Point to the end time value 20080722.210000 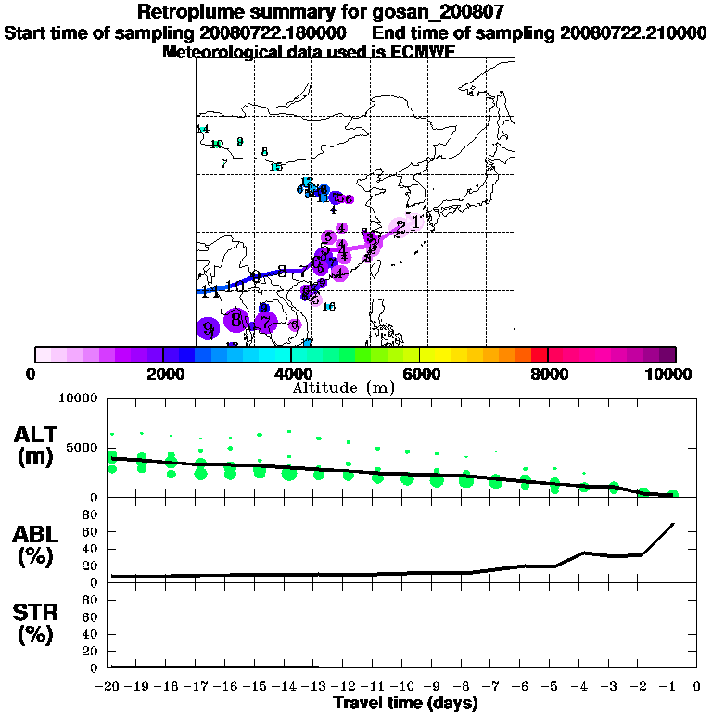632,32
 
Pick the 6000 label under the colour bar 420,374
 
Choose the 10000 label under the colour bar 670,374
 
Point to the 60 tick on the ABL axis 93,532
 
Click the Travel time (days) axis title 405,704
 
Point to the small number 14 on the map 203,129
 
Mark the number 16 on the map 328,307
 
